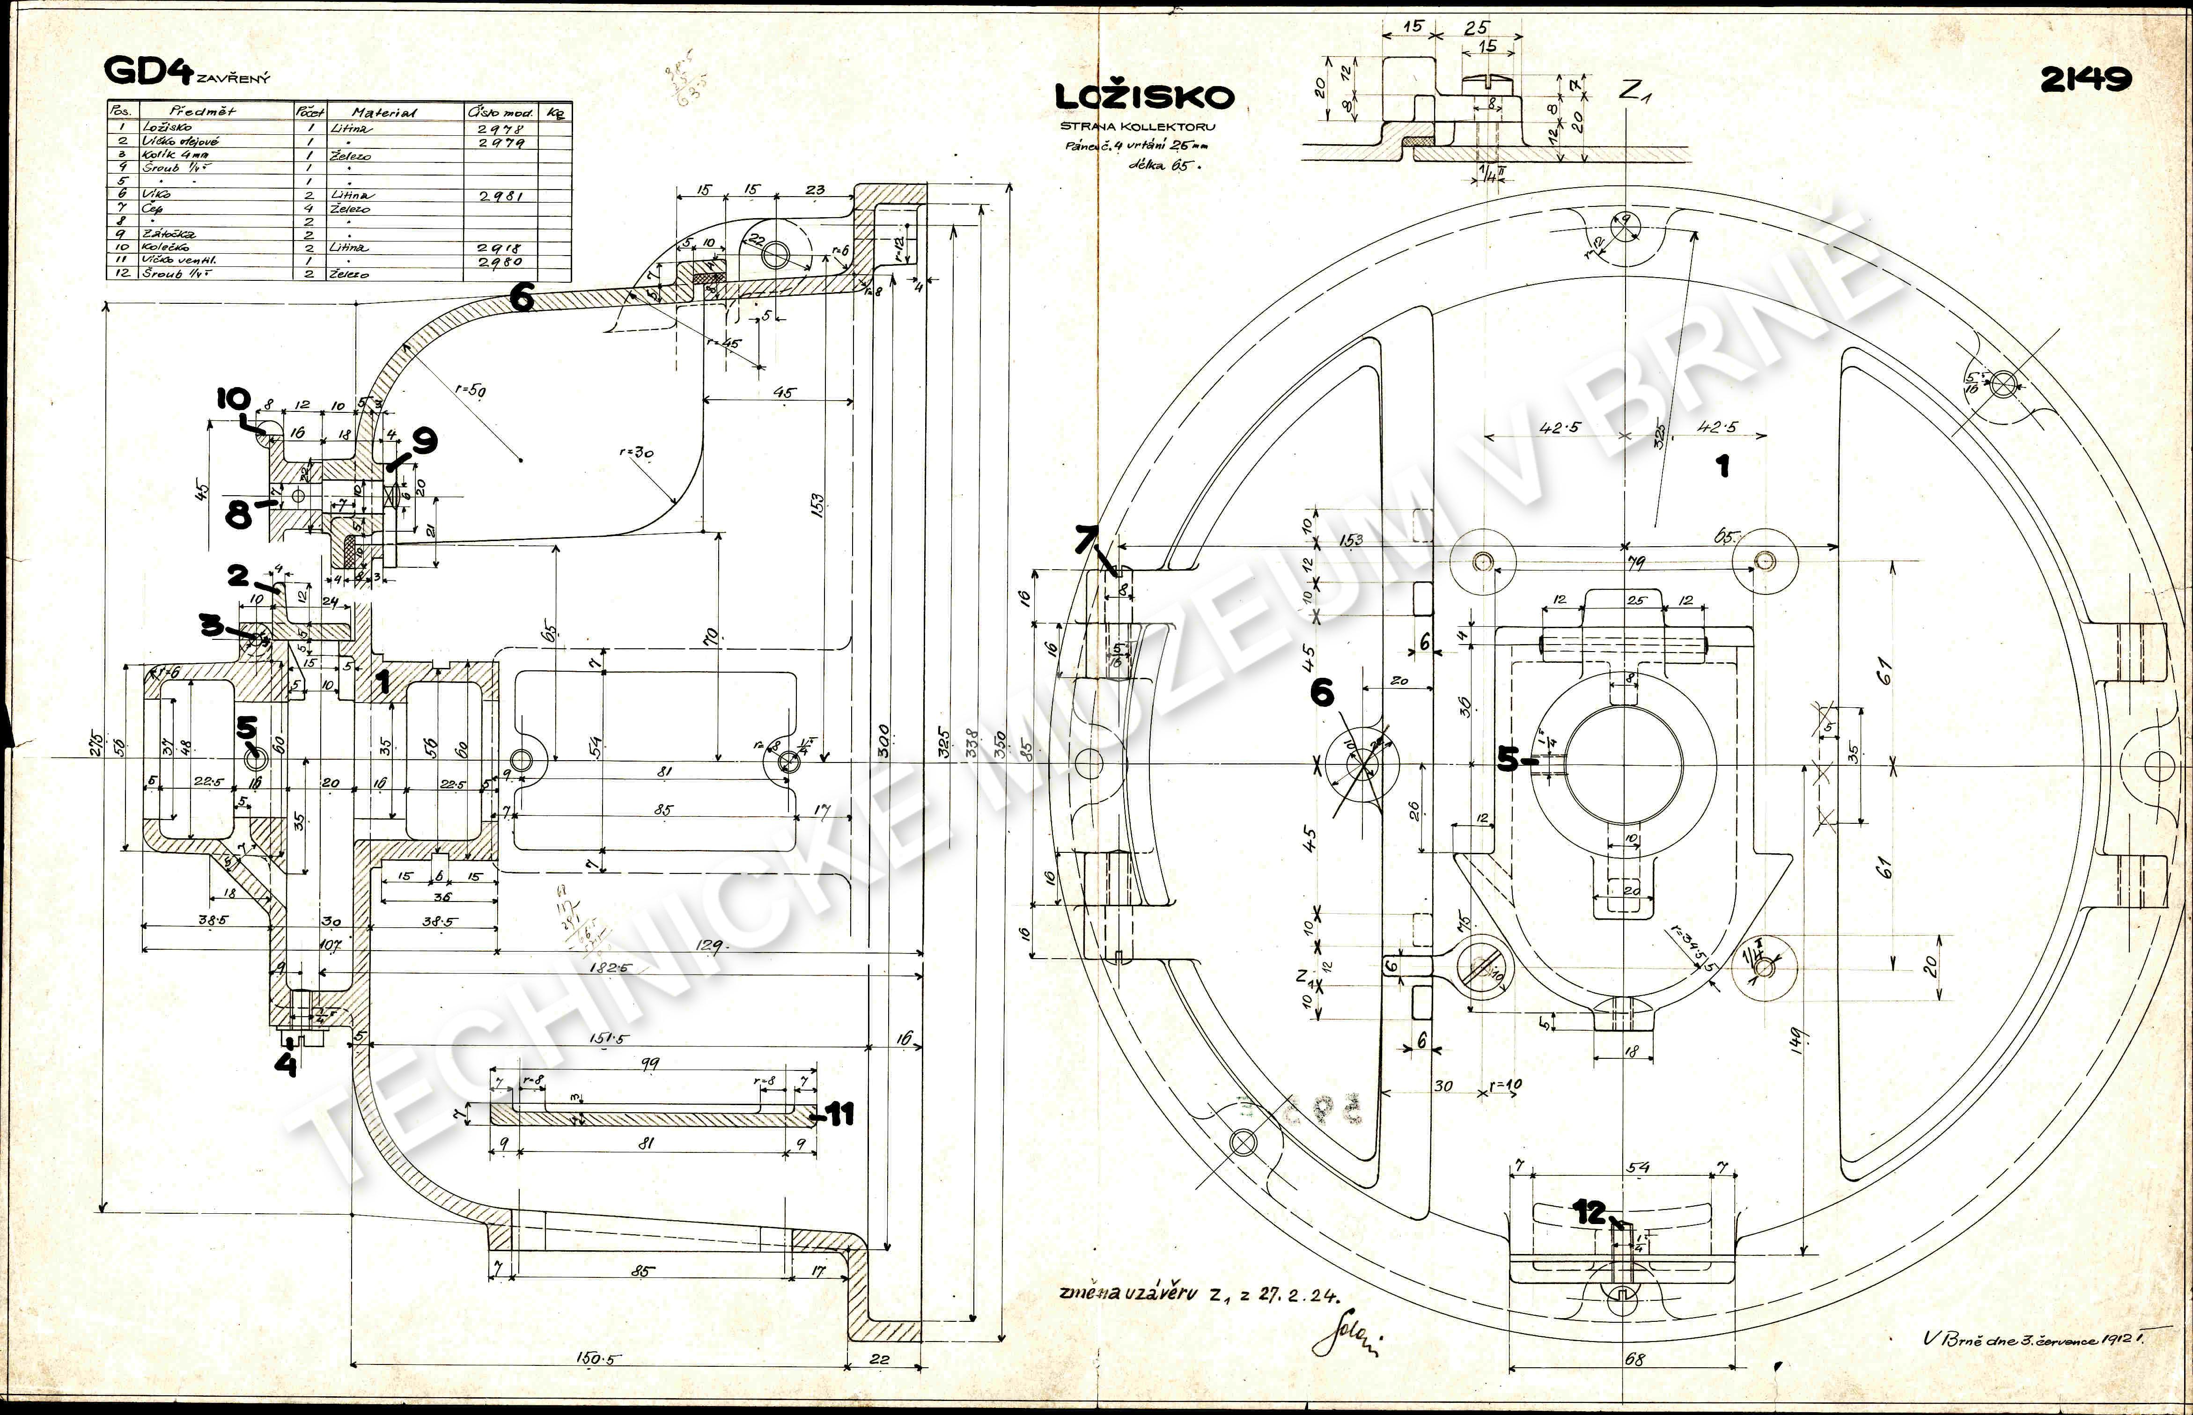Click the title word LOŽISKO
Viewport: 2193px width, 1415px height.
click(1144, 96)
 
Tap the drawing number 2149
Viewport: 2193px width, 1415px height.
click(2084, 80)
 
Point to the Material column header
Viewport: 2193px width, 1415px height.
click(384, 112)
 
